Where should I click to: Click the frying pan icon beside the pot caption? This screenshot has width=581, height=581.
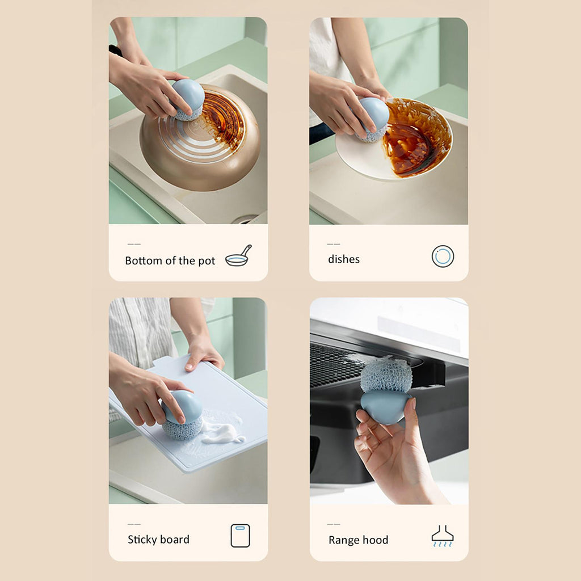click(238, 256)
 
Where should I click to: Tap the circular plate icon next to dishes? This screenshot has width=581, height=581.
click(443, 256)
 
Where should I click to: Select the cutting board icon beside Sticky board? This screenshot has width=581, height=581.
click(240, 536)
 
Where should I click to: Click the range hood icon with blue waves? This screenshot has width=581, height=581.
click(443, 536)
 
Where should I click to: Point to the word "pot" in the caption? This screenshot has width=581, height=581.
click(207, 261)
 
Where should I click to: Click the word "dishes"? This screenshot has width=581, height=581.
click(343, 259)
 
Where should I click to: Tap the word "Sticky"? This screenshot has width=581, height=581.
click(142, 540)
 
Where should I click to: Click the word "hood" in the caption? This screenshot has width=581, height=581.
click(376, 540)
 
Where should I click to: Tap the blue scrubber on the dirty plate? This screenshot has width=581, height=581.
click(372, 119)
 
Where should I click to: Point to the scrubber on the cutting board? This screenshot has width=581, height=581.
click(182, 415)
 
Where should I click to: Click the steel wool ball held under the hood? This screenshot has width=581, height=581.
click(386, 374)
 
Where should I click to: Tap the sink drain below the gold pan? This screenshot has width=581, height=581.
click(245, 220)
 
